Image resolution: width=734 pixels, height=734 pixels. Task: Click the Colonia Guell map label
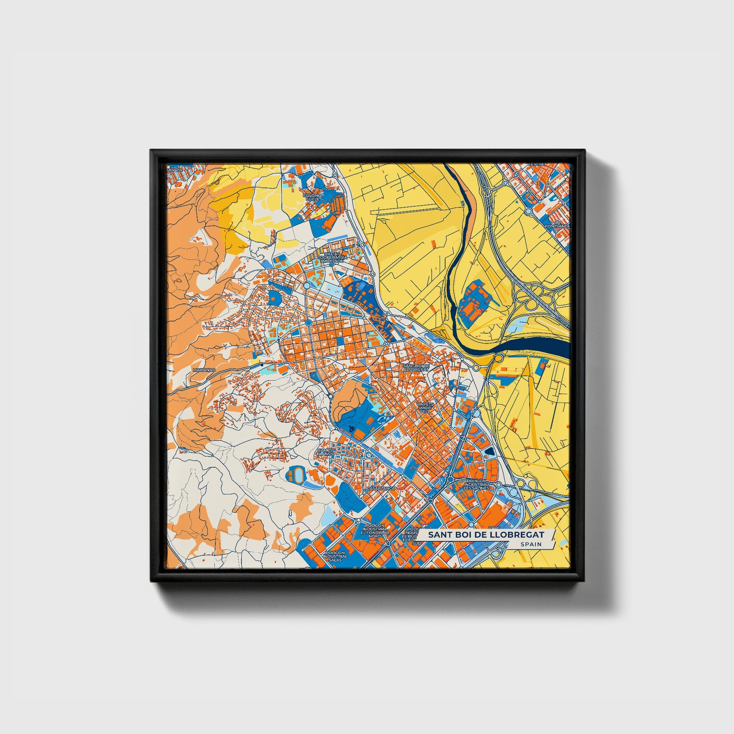tap(314, 197)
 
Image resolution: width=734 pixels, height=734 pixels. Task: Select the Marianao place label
tap(204, 369)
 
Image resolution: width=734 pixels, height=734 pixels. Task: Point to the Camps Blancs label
tap(325, 452)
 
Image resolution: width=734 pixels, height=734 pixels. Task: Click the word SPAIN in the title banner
tap(531, 544)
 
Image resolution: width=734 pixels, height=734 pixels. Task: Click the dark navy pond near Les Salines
tap(489, 451)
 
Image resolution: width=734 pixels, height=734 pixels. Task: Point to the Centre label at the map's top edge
tap(539, 164)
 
